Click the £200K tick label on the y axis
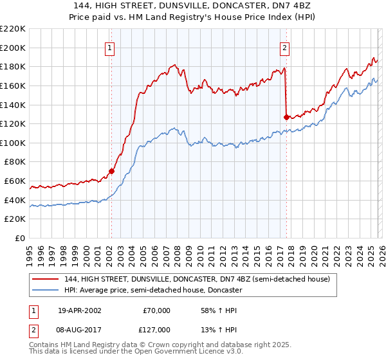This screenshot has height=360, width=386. (13, 48)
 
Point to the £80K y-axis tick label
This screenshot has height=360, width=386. (15, 162)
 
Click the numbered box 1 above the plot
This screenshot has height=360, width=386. (111, 47)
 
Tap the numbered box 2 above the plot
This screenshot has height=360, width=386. (284, 47)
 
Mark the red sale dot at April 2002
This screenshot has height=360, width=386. (111, 172)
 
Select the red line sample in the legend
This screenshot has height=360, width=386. (46, 280)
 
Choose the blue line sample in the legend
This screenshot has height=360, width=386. (46, 291)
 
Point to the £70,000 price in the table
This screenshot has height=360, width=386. (156, 310)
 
